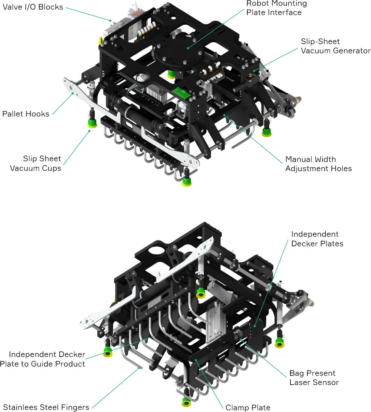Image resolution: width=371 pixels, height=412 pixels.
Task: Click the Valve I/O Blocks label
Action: pyautogui.click(x=33, y=7)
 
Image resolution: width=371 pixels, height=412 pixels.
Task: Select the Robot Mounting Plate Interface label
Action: pyautogui.click(x=276, y=8)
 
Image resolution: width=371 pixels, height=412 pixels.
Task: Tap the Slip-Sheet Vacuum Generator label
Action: pyautogui.click(x=336, y=46)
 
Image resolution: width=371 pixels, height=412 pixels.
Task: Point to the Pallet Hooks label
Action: pyautogui.click(x=26, y=114)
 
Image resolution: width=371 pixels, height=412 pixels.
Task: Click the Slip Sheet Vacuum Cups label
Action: pyautogui.click(x=36, y=163)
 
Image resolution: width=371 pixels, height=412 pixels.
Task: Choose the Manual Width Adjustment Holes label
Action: pyautogui.click(x=318, y=164)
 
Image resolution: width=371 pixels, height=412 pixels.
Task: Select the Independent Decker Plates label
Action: pyautogui.click(x=317, y=239)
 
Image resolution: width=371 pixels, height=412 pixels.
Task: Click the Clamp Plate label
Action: pyautogui.click(x=248, y=408)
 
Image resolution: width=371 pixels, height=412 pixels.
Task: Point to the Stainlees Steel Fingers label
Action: pyautogui.click(x=46, y=407)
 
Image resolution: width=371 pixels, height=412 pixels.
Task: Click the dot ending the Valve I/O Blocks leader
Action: pyautogui.click(x=110, y=20)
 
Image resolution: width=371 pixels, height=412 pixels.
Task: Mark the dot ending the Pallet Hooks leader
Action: pyautogui.click(x=73, y=93)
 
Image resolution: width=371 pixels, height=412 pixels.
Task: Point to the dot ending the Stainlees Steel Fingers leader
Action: pyautogui.click(x=139, y=368)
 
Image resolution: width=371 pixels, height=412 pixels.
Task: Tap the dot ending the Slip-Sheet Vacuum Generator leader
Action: pyautogui.click(x=254, y=71)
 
